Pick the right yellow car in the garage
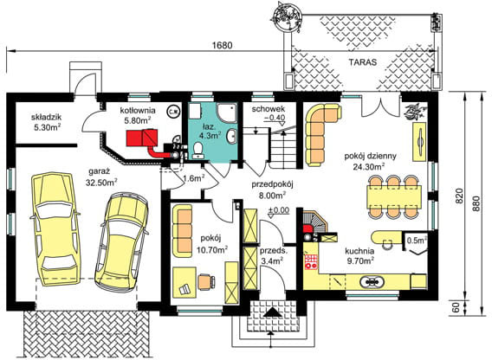pos(119,242)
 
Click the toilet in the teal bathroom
pos(198,150)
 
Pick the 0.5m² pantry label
pos(416,240)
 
